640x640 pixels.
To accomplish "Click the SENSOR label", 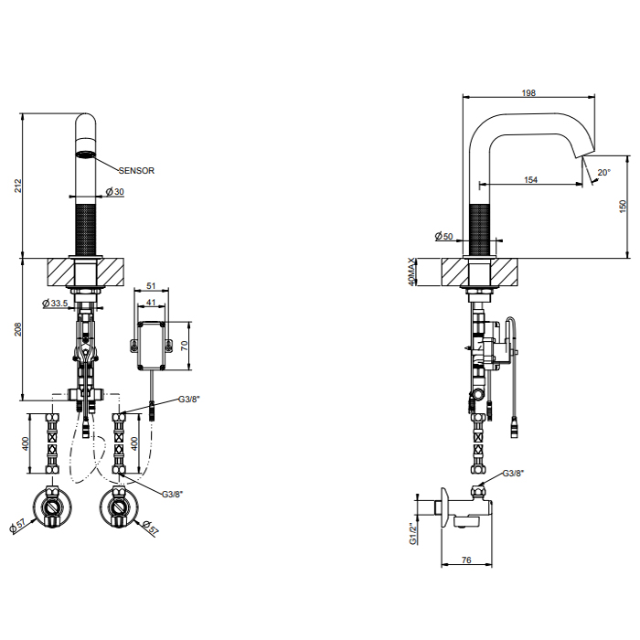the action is coord(136,171).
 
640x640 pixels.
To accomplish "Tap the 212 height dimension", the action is coord(18,186).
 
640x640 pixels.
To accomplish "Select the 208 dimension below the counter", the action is coord(18,329).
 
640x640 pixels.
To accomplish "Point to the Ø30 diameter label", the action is coord(114,191).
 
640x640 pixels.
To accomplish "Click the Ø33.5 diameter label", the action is coord(55,303).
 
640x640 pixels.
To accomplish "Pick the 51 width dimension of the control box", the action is coord(151,285).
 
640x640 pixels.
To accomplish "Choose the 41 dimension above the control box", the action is coord(151,303).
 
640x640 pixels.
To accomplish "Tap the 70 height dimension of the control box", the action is coord(185,346).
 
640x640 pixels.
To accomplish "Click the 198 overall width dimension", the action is coord(528,92).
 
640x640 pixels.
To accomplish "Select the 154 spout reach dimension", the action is coord(530,179).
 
